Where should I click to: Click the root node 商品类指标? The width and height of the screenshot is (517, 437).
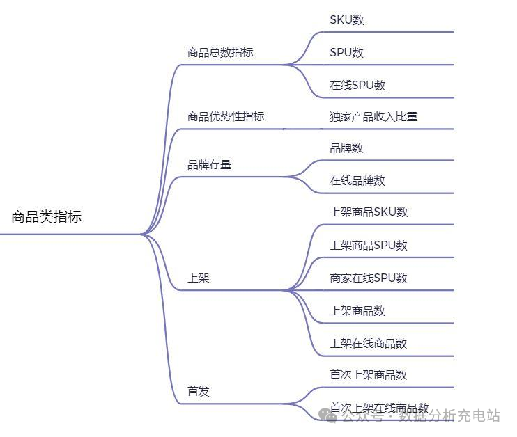click(x=46, y=217)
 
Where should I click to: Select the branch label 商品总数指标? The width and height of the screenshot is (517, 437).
click(x=220, y=53)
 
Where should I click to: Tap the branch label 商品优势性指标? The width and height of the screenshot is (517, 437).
click(x=226, y=117)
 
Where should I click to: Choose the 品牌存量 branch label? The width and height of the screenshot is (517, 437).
click(x=209, y=166)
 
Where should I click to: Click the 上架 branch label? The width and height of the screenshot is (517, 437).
click(x=199, y=278)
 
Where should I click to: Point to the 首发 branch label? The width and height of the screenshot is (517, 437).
click(x=199, y=392)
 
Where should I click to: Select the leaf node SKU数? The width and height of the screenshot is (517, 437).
click(x=347, y=20)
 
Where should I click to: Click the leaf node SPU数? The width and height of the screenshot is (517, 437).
click(x=346, y=53)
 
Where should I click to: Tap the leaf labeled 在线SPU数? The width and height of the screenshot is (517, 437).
click(x=357, y=86)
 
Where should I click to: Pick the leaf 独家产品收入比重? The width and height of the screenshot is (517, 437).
click(x=373, y=117)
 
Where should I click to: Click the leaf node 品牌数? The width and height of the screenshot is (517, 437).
click(x=346, y=148)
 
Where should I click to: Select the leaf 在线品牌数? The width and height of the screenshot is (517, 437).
click(x=357, y=181)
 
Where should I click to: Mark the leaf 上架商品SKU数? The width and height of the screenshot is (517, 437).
click(x=369, y=212)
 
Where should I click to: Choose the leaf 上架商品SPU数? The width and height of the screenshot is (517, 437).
click(x=369, y=246)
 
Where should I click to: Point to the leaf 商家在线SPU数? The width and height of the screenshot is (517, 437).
click(x=369, y=278)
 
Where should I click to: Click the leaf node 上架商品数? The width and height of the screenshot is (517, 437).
click(x=357, y=311)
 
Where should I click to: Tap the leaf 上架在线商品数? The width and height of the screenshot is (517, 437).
click(x=369, y=344)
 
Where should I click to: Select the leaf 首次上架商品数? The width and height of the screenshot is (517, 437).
click(x=369, y=375)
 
